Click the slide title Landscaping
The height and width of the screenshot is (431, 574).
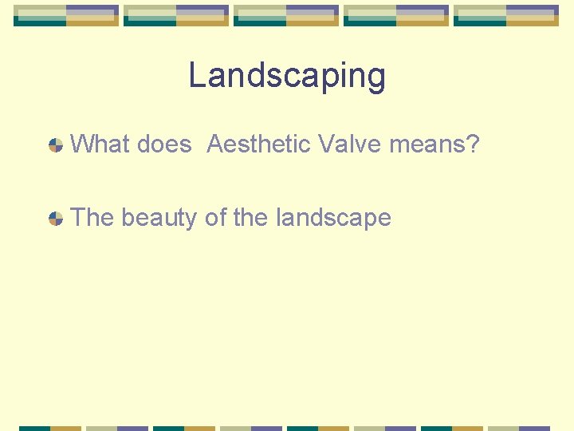pyautogui.click(x=287, y=77)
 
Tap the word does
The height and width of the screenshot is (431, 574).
pyautogui.click(x=164, y=144)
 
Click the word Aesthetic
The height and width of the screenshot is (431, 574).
pyautogui.click(x=259, y=144)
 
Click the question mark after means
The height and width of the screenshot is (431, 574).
pyautogui.click(x=473, y=144)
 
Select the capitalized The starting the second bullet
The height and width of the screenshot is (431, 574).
pyautogui.click(x=92, y=217)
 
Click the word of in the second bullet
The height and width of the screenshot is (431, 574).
pyautogui.click(x=214, y=217)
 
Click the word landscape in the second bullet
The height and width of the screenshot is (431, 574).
pyautogui.click(x=333, y=218)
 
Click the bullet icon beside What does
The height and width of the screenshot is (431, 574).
pyautogui.click(x=56, y=145)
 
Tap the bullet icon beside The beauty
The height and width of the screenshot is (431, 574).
pyautogui.click(x=56, y=218)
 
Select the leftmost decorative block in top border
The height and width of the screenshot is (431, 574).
pyautogui.click(x=66, y=16)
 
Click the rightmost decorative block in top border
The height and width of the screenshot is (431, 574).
pyautogui.click(x=506, y=16)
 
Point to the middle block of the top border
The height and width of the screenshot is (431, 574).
pyautogui.click(x=286, y=16)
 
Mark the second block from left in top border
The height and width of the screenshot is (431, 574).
pyautogui.click(x=176, y=16)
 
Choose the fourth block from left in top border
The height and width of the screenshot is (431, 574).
pyautogui.click(x=396, y=16)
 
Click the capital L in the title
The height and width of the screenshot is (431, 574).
pyautogui.click(x=196, y=77)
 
